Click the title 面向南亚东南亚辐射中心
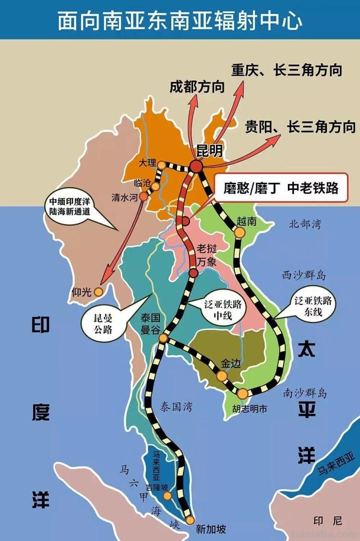point(180,20)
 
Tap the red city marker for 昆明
point(196,166)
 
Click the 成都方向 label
point(197,87)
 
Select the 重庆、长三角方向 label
point(287,70)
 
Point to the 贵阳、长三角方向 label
point(300,127)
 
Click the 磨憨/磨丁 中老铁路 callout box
point(280,188)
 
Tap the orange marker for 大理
point(162,165)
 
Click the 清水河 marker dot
point(144,196)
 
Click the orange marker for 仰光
point(98,292)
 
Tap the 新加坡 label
point(211,529)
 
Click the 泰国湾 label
point(176,407)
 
